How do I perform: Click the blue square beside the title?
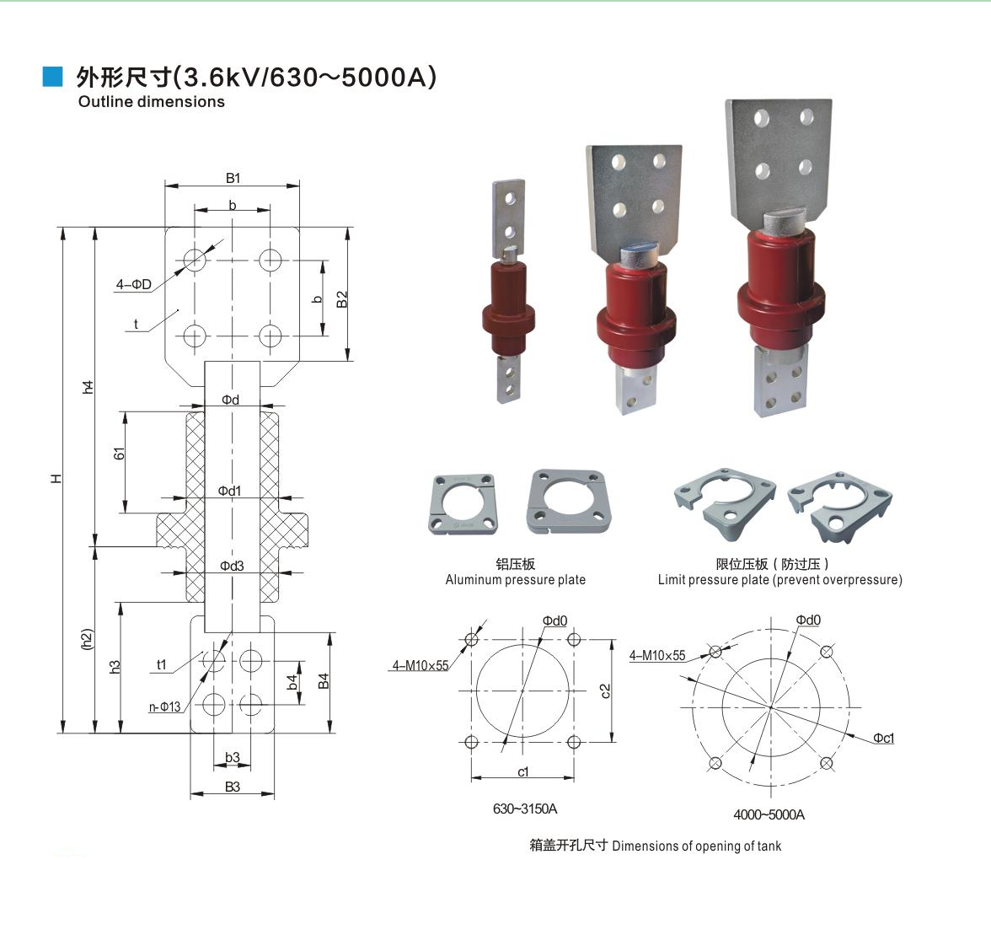tap(52, 76)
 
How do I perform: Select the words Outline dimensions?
tap(152, 102)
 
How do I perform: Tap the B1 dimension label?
tap(233, 179)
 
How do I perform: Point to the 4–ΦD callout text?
tap(134, 285)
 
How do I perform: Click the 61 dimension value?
tap(119, 454)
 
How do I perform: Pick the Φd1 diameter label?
tap(229, 491)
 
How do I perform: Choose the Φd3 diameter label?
tap(232, 566)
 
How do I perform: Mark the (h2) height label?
tap(88, 640)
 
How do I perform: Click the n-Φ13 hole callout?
tap(165, 707)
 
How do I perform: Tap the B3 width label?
tap(233, 787)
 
